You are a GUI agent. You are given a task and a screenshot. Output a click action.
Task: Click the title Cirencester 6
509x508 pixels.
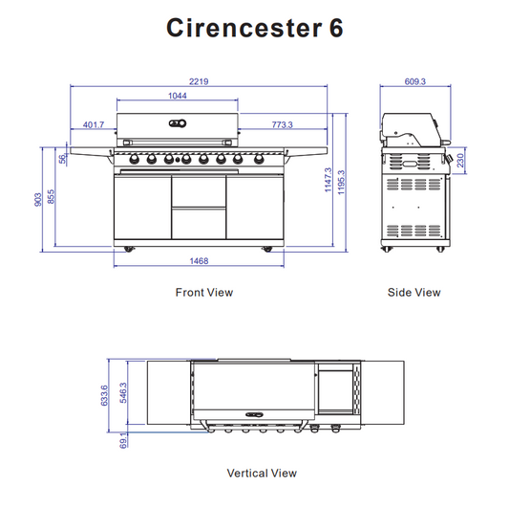(254, 28)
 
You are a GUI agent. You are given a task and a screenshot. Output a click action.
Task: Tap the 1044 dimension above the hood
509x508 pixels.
(177, 96)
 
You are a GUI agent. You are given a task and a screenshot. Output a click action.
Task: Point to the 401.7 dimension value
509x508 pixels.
(93, 124)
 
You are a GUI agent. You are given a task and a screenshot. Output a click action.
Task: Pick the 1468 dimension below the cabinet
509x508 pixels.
(199, 260)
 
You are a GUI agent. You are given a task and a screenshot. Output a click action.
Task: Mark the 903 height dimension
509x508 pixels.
(39, 198)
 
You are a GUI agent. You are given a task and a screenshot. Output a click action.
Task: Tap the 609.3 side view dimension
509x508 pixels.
(414, 82)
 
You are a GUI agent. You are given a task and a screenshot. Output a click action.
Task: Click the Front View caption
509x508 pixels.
(203, 293)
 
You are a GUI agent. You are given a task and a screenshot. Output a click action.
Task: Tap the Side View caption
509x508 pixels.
(414, 293)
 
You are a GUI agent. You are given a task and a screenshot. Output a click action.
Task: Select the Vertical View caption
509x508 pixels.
(261, 473)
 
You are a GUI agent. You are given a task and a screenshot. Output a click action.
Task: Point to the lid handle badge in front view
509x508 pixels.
(176, 121)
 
